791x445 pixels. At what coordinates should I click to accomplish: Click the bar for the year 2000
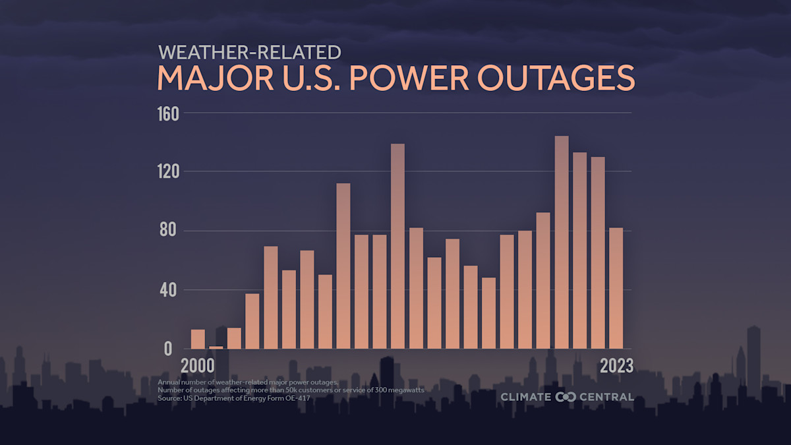(198, 339)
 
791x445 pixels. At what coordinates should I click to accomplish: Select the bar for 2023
(616, 288)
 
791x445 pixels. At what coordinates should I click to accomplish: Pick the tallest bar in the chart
(561, 242)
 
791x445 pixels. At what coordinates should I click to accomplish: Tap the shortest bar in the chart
(216, 347)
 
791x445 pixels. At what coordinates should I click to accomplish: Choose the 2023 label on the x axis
(616, 366)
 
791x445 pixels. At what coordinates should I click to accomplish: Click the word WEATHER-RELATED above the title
(249, 52)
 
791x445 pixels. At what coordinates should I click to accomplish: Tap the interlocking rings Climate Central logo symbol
(566, 397)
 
